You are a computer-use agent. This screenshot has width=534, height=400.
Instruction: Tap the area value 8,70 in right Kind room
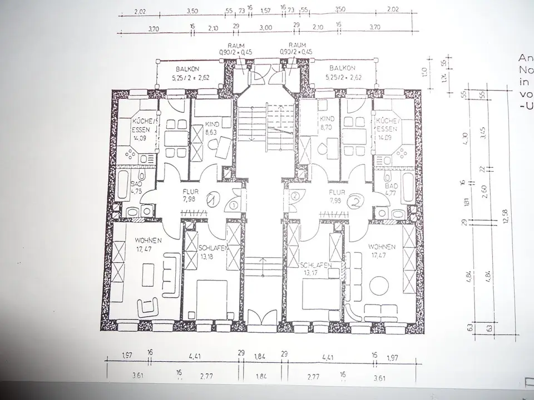coord(325,127)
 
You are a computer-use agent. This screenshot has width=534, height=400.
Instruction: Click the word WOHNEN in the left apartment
coord(148,241)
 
